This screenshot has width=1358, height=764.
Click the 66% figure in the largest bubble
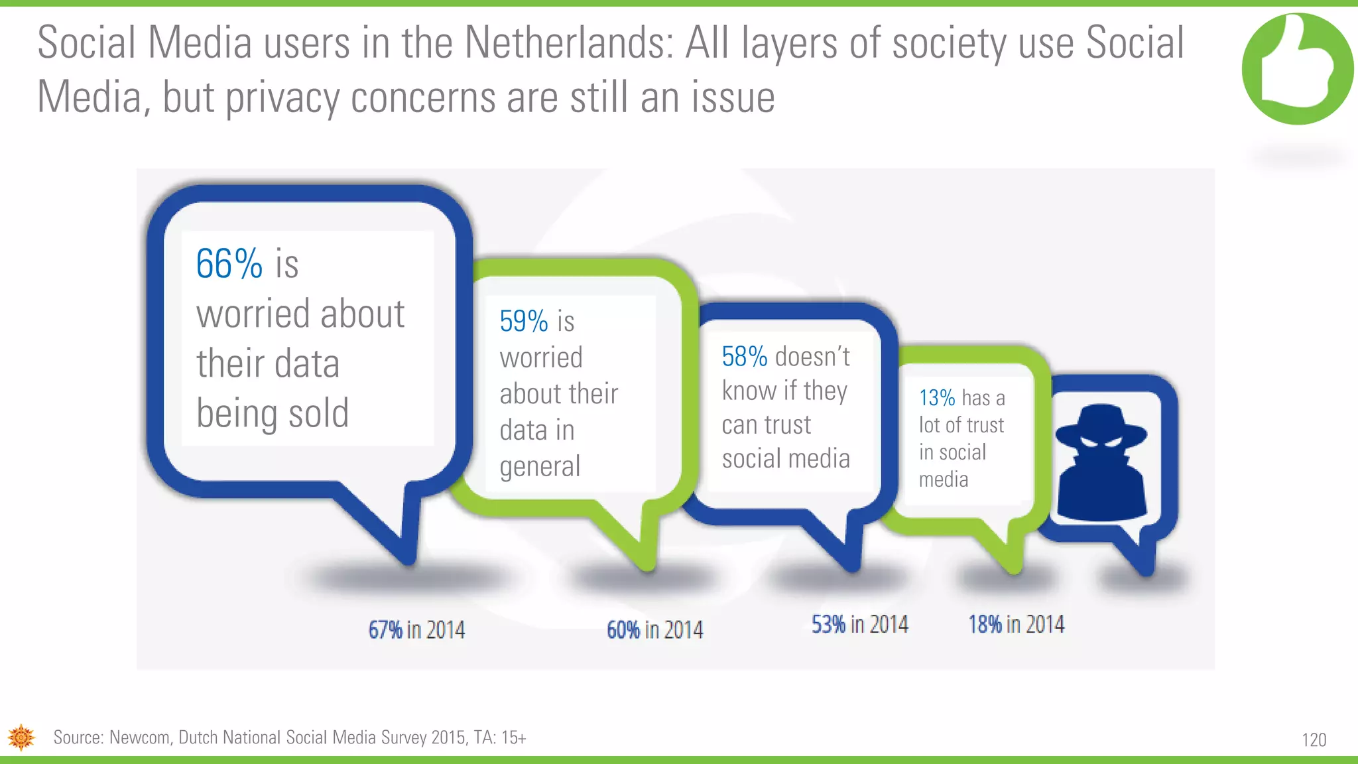click(229, 264)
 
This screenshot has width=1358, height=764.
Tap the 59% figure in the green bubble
click(523, 322)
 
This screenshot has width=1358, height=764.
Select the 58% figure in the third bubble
click(744, 357)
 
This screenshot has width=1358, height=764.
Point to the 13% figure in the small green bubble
click(936, 398)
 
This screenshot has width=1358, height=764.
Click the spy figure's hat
click(1101, 424)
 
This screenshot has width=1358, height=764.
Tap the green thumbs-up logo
click(1297, 69)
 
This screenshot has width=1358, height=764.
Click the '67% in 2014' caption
click(416, 629)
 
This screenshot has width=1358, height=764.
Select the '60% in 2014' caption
click(654, 629)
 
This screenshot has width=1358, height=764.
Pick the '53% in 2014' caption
click(859, 624)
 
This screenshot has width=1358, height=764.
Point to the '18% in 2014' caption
click(1016, 624)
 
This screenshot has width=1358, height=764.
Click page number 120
click(1314, 740)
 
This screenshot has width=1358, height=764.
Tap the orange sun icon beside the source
click(21, 737)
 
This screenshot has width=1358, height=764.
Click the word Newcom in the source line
click(139, 737)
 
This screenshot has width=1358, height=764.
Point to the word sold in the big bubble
click(318, 413)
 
